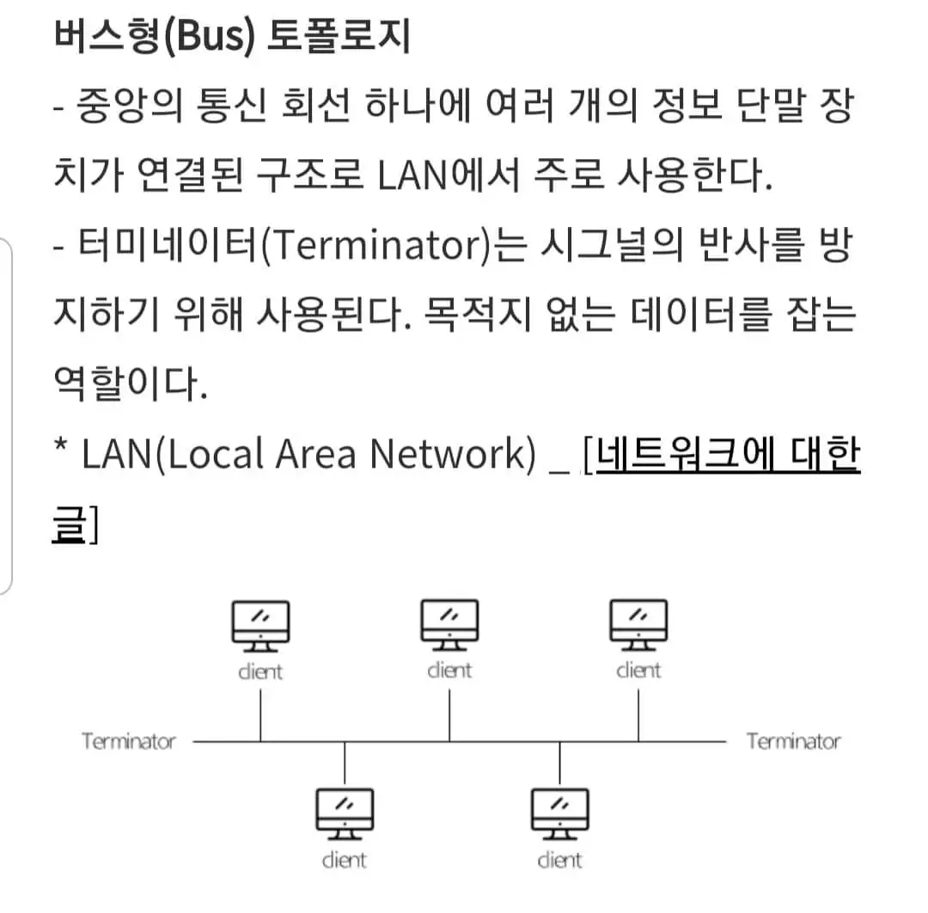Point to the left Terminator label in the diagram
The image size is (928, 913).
click(x=128, y=741)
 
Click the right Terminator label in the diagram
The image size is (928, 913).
click(x=793, y=741)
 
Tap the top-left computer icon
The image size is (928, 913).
click(x=261, y=625)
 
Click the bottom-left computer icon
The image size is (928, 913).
click(x=345, y=813)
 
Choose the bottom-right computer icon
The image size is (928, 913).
click(x=559, y=813)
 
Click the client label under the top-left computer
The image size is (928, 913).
click(x=260, y=671)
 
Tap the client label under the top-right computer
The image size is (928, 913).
click(x=638, y=670)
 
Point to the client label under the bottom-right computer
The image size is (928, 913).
click(x=559, y=860)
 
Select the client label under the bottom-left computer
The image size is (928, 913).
click(x=345, y=860)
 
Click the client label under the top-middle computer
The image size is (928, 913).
click(x=449, y=670)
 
